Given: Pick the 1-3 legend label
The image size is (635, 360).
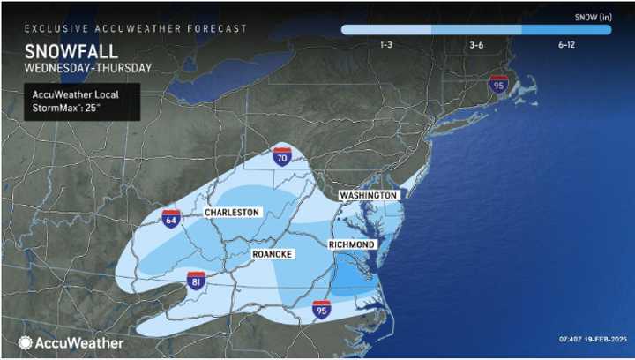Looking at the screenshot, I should click(385, 44).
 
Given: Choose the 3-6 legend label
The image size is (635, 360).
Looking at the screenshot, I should click(475, 44).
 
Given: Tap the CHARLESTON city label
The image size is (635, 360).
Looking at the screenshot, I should click(231, 213).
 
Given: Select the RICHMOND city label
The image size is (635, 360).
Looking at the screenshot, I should click(352, 244).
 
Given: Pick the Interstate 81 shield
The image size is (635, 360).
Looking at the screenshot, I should click(196, 281).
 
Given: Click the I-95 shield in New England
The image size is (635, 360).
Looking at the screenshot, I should click(499, 86).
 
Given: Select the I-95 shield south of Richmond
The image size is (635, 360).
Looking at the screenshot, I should click(322, 310).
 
